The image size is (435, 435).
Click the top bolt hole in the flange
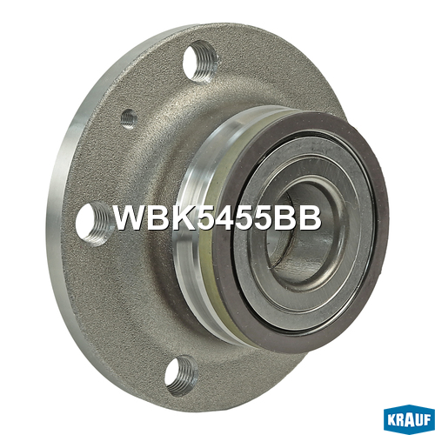pos(200,62)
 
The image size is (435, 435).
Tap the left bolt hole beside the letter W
pos(94,224)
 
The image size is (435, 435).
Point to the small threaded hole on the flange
pos(129,119)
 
